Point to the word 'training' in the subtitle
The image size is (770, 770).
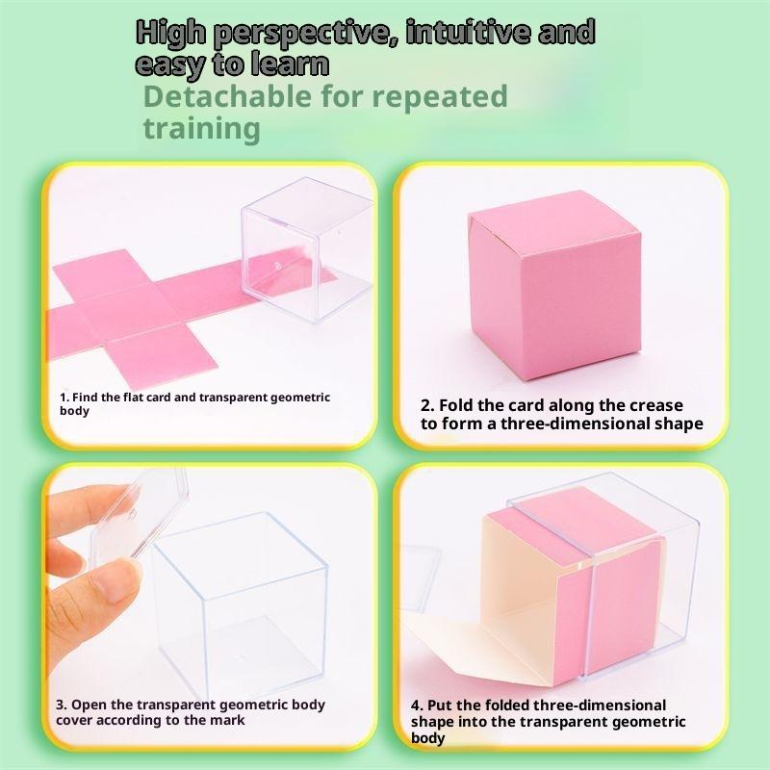coord(201,129)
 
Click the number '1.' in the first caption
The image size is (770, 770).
coord(64,398)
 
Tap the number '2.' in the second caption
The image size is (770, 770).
coord(427,405)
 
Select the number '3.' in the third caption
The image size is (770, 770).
coord(62,705)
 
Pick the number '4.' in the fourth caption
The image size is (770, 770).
coord(417,706)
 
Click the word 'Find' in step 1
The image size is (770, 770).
coord(84,398)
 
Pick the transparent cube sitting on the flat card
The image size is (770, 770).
coord(306,249)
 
